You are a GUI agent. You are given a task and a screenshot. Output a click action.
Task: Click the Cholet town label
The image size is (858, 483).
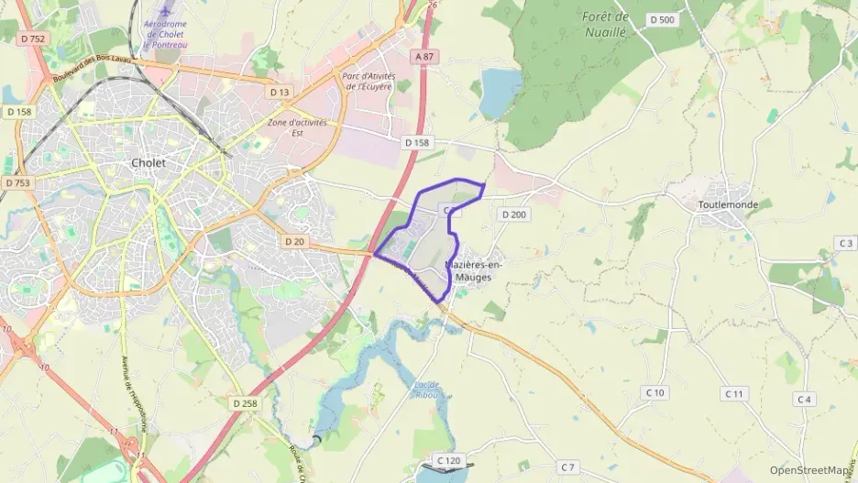(148, 162)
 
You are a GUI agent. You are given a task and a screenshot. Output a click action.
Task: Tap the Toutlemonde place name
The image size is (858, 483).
(728, 204)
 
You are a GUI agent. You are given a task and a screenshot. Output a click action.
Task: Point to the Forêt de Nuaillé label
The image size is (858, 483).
(606, 24)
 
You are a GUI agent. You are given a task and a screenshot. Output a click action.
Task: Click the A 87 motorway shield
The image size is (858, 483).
(423, 57)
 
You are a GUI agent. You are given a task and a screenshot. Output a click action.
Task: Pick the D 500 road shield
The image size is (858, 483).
(661, 19)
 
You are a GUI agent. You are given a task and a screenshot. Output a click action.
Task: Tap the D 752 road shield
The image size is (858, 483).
(37, 38)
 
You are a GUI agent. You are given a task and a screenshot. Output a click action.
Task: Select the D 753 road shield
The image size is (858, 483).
(16, 182)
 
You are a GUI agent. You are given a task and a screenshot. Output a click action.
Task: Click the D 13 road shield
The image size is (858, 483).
(280, 92)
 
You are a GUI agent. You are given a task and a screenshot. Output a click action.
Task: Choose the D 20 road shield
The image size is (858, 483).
(293, 241)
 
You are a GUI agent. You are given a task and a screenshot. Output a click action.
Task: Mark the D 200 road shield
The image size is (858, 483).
(513, 214)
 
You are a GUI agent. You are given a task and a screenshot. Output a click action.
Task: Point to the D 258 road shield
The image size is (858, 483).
(245, 402)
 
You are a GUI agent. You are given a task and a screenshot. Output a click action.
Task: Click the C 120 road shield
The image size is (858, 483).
(448, 459)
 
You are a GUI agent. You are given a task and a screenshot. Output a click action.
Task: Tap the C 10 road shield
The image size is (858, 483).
(654, 392)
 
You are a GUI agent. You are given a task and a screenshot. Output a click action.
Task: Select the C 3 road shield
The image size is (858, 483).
(845, 242)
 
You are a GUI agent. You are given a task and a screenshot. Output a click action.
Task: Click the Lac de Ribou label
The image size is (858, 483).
(422, 389)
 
